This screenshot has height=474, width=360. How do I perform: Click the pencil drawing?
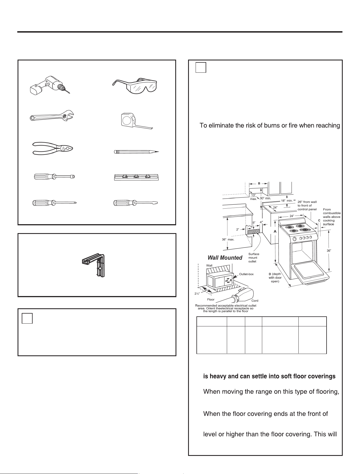pos(137,152)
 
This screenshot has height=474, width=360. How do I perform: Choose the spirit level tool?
pos(137,177)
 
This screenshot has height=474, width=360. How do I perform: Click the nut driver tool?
pos(54,177)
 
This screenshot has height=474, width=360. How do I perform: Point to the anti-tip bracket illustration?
pos(94,265)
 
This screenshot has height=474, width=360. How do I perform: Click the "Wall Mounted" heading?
pos(225,258)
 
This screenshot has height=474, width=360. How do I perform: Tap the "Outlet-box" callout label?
pos(246,274)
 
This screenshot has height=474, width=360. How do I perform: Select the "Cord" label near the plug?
pos(255,301)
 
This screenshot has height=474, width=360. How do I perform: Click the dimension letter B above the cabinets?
pos(259,184)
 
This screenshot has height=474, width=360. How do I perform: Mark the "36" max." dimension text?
pos(228,239)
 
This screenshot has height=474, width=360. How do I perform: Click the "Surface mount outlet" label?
pos(254,258)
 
